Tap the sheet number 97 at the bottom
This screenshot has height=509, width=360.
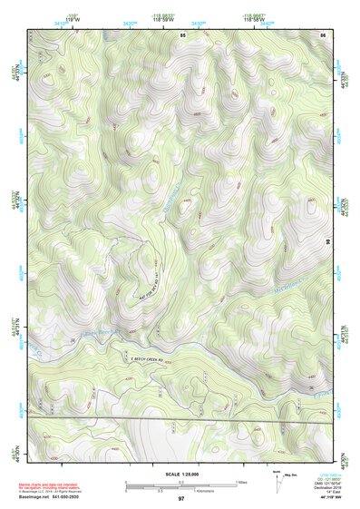(x=181, y=499)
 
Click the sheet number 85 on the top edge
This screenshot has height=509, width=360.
(x=182, y=34)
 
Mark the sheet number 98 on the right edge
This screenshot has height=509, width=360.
(x=326, y=242)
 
